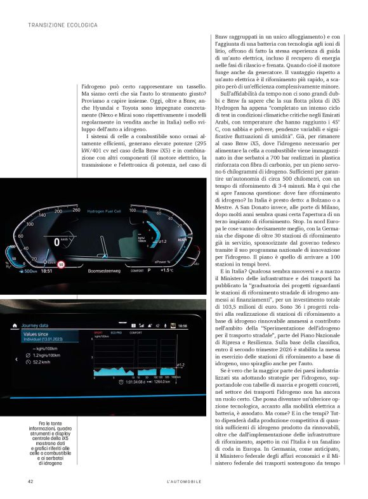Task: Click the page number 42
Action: pyautogui.click(x=30, y=482)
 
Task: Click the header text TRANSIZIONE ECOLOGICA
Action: pyautogui.click(x=63, y=25)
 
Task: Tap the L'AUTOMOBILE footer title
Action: pyautogui.click(x=183, y=482)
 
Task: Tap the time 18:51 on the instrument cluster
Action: pyautogui.click(x=48, y=271)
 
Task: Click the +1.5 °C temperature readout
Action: pyautogui.click(x=167, y=270)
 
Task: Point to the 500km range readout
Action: pyautogui.click(x=27, y=271)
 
